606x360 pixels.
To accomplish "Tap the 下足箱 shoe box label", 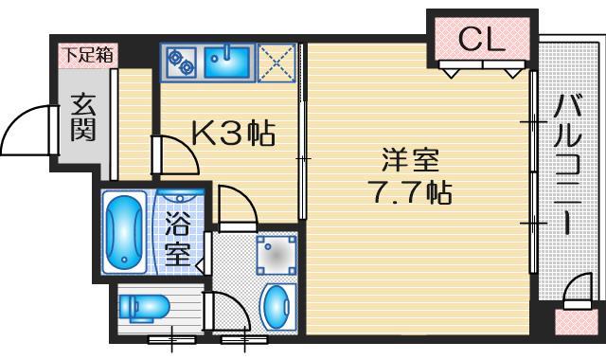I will (86, 55).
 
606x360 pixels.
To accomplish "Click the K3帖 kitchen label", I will (233, 135).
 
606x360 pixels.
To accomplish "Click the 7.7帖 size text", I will (408, 193).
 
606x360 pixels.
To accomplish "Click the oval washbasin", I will (276, 306).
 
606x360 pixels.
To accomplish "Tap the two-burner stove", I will (180, 63).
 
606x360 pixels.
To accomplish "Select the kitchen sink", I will (227, 63).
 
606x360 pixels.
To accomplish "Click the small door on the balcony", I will (576, 293).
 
